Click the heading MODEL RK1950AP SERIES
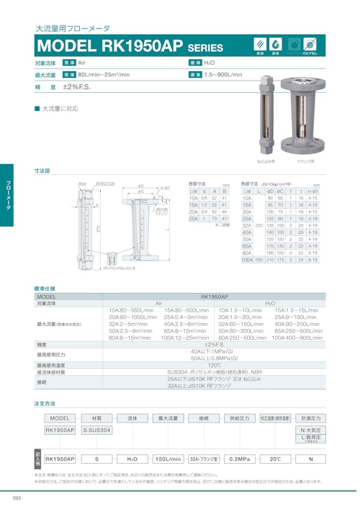(x=130, y=47)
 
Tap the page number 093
(x=16, y=497)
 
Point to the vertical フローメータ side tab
(x=6, y=193)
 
